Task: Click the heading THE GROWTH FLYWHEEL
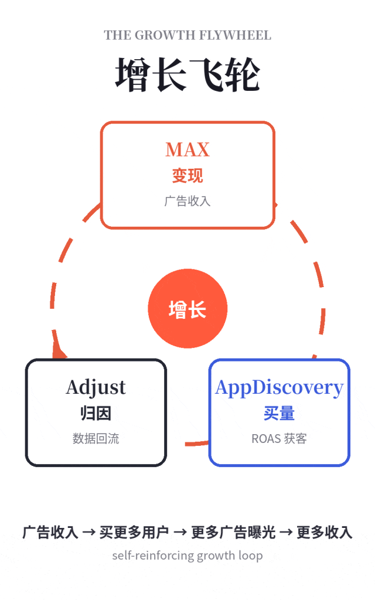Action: tap(187, 35)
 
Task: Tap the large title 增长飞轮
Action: tap(187, 74)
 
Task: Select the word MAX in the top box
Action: tap(187, 149)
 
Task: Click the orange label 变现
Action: tap(187, 176)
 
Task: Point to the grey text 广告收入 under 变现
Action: tap(187, 201)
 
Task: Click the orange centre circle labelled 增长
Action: tap(187, 308)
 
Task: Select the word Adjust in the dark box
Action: tap(96, 388)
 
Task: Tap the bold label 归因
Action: tap(96, 413)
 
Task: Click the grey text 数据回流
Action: tap(96, 438)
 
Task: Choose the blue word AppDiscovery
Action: tap(279, 388)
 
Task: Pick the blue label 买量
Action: tap(279, 413)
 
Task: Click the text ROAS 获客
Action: tap(279, 438)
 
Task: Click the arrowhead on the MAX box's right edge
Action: tap(275, 205)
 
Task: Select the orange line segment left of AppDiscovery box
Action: tap(197, 444)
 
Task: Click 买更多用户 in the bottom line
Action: tap(134, 532)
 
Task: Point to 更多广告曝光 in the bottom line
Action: tap(233, 532)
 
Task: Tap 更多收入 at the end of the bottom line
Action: tap(325, 532)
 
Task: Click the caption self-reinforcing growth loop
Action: tap(187, 555)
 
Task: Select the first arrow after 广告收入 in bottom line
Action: tap(89, 532)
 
